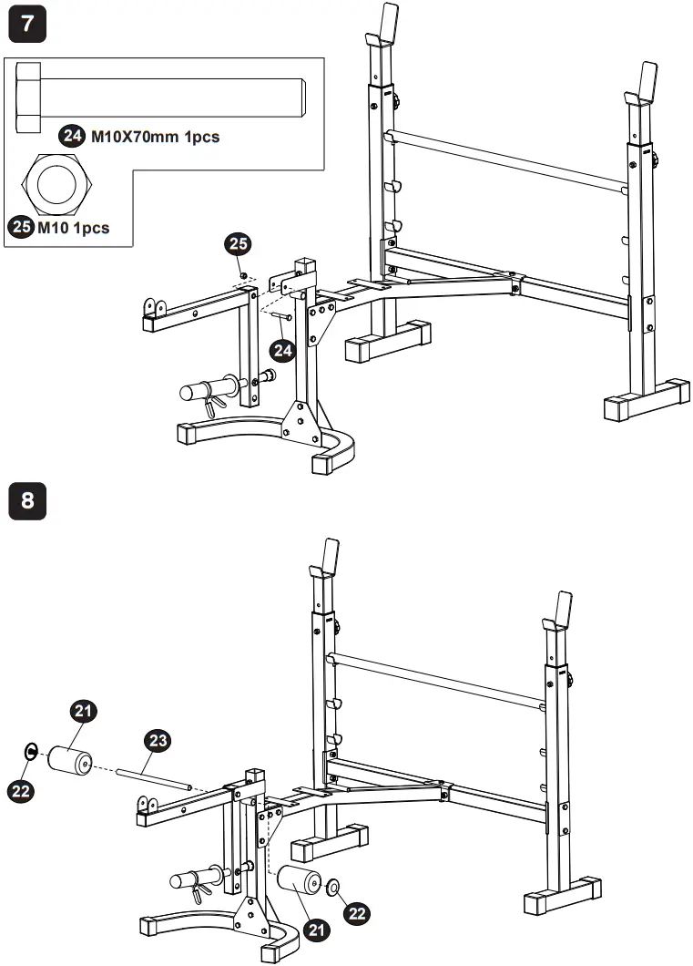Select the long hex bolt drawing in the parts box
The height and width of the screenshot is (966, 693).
pos(160,97)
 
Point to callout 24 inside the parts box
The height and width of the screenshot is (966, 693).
pos(72,137)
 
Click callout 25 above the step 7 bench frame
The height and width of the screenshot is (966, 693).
pos(239,245)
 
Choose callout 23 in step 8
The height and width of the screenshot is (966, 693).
pos(157,742)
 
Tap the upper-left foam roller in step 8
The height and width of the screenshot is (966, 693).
pos(71,760)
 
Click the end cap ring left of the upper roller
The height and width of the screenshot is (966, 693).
pos(31,750)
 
